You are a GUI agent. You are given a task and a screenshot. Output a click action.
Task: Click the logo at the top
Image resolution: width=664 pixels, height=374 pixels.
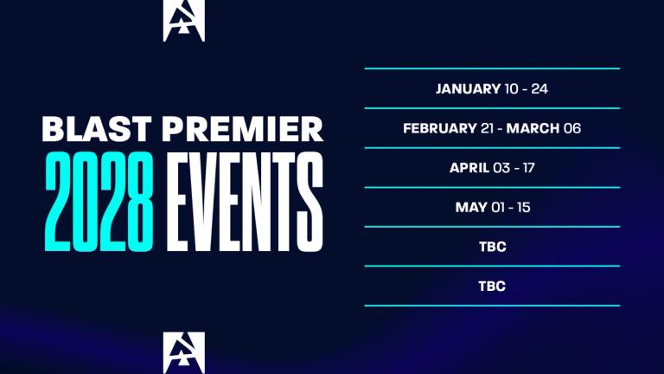(184, 21)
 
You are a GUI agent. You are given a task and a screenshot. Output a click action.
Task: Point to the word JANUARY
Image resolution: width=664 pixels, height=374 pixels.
(468, 88)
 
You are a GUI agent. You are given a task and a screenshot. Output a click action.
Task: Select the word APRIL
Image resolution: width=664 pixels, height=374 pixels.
(469, 168)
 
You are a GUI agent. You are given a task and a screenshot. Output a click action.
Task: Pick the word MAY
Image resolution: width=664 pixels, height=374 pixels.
(470, 207)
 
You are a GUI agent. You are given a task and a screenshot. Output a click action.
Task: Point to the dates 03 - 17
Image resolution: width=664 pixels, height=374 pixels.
(514, 168)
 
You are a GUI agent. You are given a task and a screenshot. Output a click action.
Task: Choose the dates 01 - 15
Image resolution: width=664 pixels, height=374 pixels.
(510, 207)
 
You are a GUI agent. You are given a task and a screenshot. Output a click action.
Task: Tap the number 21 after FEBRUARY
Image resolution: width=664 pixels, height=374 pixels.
(487, 128)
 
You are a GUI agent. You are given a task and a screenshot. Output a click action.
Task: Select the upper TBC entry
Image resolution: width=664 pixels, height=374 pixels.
(492, 247)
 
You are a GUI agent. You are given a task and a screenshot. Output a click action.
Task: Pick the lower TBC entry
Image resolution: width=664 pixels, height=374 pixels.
(492, 286)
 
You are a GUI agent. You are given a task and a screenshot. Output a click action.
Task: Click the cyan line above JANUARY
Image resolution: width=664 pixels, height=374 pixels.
(492, 68)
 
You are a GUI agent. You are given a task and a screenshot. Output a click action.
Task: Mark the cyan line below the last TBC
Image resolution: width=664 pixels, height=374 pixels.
(492, 305)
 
